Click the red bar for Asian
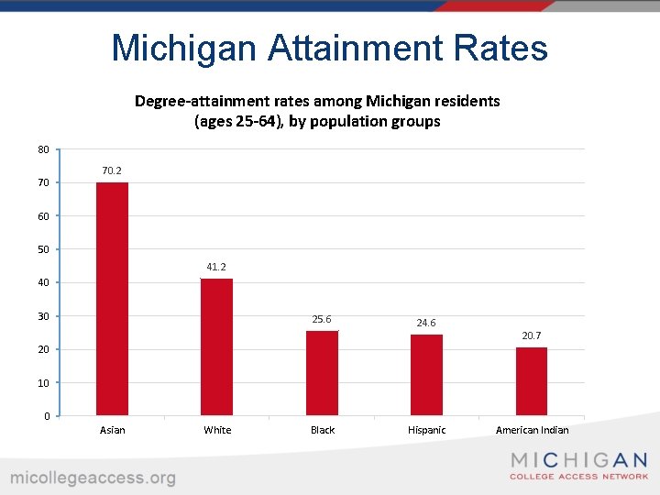pos(112,299)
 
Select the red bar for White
pos(217,346)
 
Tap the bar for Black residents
pos(322,373)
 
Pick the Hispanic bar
pos(426,375)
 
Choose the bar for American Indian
pos(532,381)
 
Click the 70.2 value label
pos(112,170)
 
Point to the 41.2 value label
pos(216,267)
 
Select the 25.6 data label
pos(322,319)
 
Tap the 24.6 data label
pos(426,323)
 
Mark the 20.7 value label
pos(532,336)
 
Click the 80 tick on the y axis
pos(43,149)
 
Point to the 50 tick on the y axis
pos(43,249)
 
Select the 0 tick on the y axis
pos(46,416)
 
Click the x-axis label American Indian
pos(532,430)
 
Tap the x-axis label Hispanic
pos(426,430)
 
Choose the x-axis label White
pos(217,430)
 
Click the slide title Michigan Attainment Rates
pos(329,48)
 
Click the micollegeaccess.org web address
pos(93,478)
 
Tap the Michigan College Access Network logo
pos(578,466)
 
